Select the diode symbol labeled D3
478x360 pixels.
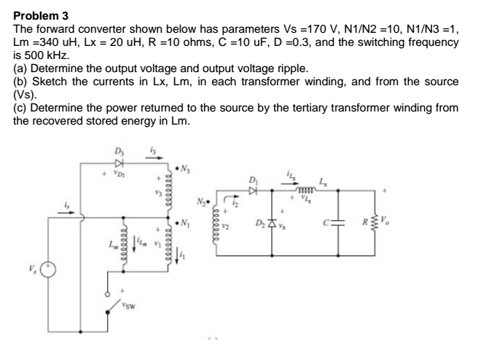coord(121,164)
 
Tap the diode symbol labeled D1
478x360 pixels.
coord(253,190)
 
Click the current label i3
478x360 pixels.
coord(153,151)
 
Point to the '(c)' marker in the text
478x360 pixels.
coord(21,107)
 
